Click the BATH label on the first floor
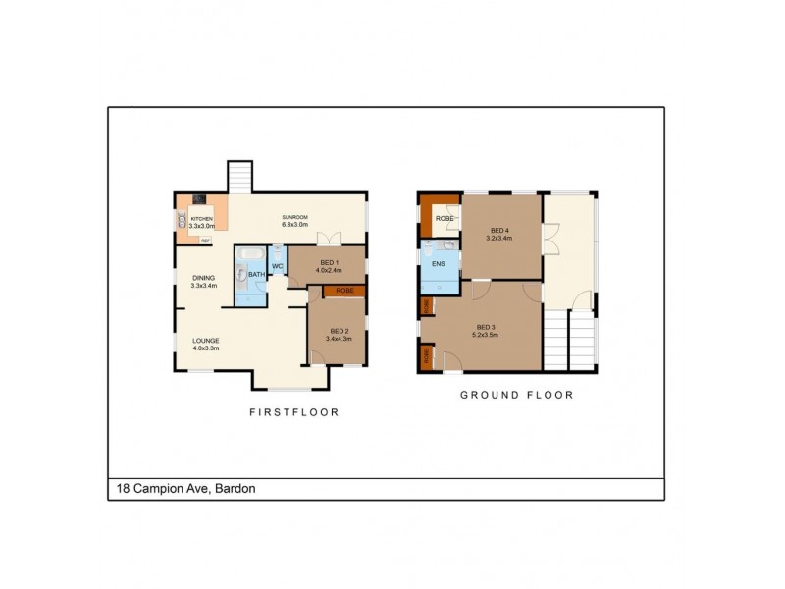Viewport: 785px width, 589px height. click(x=254, y=275)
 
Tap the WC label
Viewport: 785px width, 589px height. click(x=277, y=266)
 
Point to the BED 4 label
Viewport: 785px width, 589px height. click(x=500, y=234)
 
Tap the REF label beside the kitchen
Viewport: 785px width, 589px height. click(x=205, y=240)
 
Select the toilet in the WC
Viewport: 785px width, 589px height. click(x=279, y=253)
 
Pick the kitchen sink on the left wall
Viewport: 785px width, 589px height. click(x=182, y=221)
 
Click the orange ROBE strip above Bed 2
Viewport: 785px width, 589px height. click(x=344, y=292)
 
